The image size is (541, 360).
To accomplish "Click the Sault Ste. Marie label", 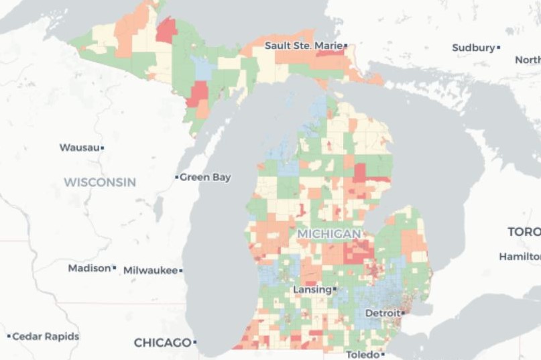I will click(303, 46).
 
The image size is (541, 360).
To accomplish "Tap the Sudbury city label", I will click(473, 48).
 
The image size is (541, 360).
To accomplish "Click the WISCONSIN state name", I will click(100, 182).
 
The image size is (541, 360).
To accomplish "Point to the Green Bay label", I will click(205, 178).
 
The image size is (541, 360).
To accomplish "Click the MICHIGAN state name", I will click(328, 234).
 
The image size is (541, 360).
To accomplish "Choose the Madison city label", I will click(89, 268).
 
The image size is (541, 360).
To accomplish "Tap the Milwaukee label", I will click(150, 270).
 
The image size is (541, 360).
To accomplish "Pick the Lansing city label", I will click(312, 290).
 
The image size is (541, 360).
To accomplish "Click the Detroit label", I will click(383, 313).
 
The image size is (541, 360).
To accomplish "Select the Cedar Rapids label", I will click(46, 337).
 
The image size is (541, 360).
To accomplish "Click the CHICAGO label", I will click(162, 343).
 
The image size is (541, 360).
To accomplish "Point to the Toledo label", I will click(362, 354).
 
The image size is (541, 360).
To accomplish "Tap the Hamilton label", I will click(520, 257).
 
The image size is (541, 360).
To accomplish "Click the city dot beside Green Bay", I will click(177, 178).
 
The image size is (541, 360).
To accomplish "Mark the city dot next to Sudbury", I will click(499, 48).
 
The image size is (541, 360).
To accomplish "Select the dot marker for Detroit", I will click(404, 312).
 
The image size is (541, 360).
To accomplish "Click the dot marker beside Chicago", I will click(195, 343).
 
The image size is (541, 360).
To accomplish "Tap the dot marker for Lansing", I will click(335, 289).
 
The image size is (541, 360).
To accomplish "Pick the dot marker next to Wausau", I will click(103, 147).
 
